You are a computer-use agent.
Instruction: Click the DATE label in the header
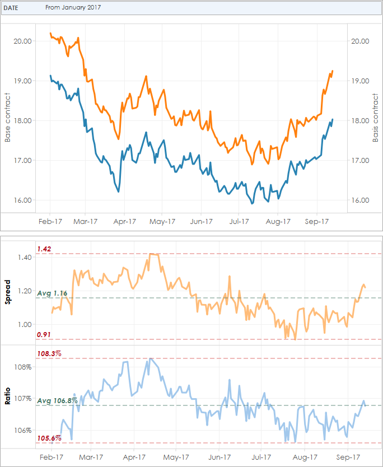[12, 8]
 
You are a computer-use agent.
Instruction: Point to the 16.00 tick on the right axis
[359, 200]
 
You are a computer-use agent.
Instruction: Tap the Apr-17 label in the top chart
[125, 221]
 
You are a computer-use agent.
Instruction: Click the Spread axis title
[8, 291]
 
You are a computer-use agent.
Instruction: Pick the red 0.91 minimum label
[44, 334]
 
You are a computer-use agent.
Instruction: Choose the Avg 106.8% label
[57, 400]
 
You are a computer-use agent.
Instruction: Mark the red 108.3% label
[49, 353]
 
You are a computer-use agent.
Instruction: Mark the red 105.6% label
[49, 438]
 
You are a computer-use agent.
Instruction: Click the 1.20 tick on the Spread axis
[25, 291]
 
